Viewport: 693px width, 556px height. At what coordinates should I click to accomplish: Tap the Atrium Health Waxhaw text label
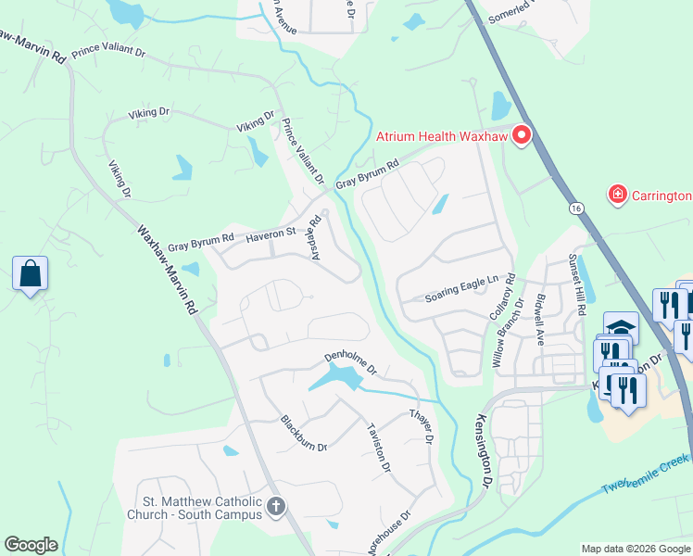click(442, 136)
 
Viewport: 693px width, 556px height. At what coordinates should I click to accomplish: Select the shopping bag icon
click(30, 274)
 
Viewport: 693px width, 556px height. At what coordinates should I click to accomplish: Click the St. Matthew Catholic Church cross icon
click(275, 507)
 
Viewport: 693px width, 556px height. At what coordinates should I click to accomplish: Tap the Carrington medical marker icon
click(617, 195)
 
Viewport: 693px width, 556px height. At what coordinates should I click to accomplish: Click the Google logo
click(31, 545)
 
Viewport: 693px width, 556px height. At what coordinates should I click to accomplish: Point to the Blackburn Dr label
click(304, 433)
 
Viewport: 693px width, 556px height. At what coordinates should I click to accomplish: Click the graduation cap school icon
click(620, 327)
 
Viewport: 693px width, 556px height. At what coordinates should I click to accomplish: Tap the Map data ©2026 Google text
click(635, 548)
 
